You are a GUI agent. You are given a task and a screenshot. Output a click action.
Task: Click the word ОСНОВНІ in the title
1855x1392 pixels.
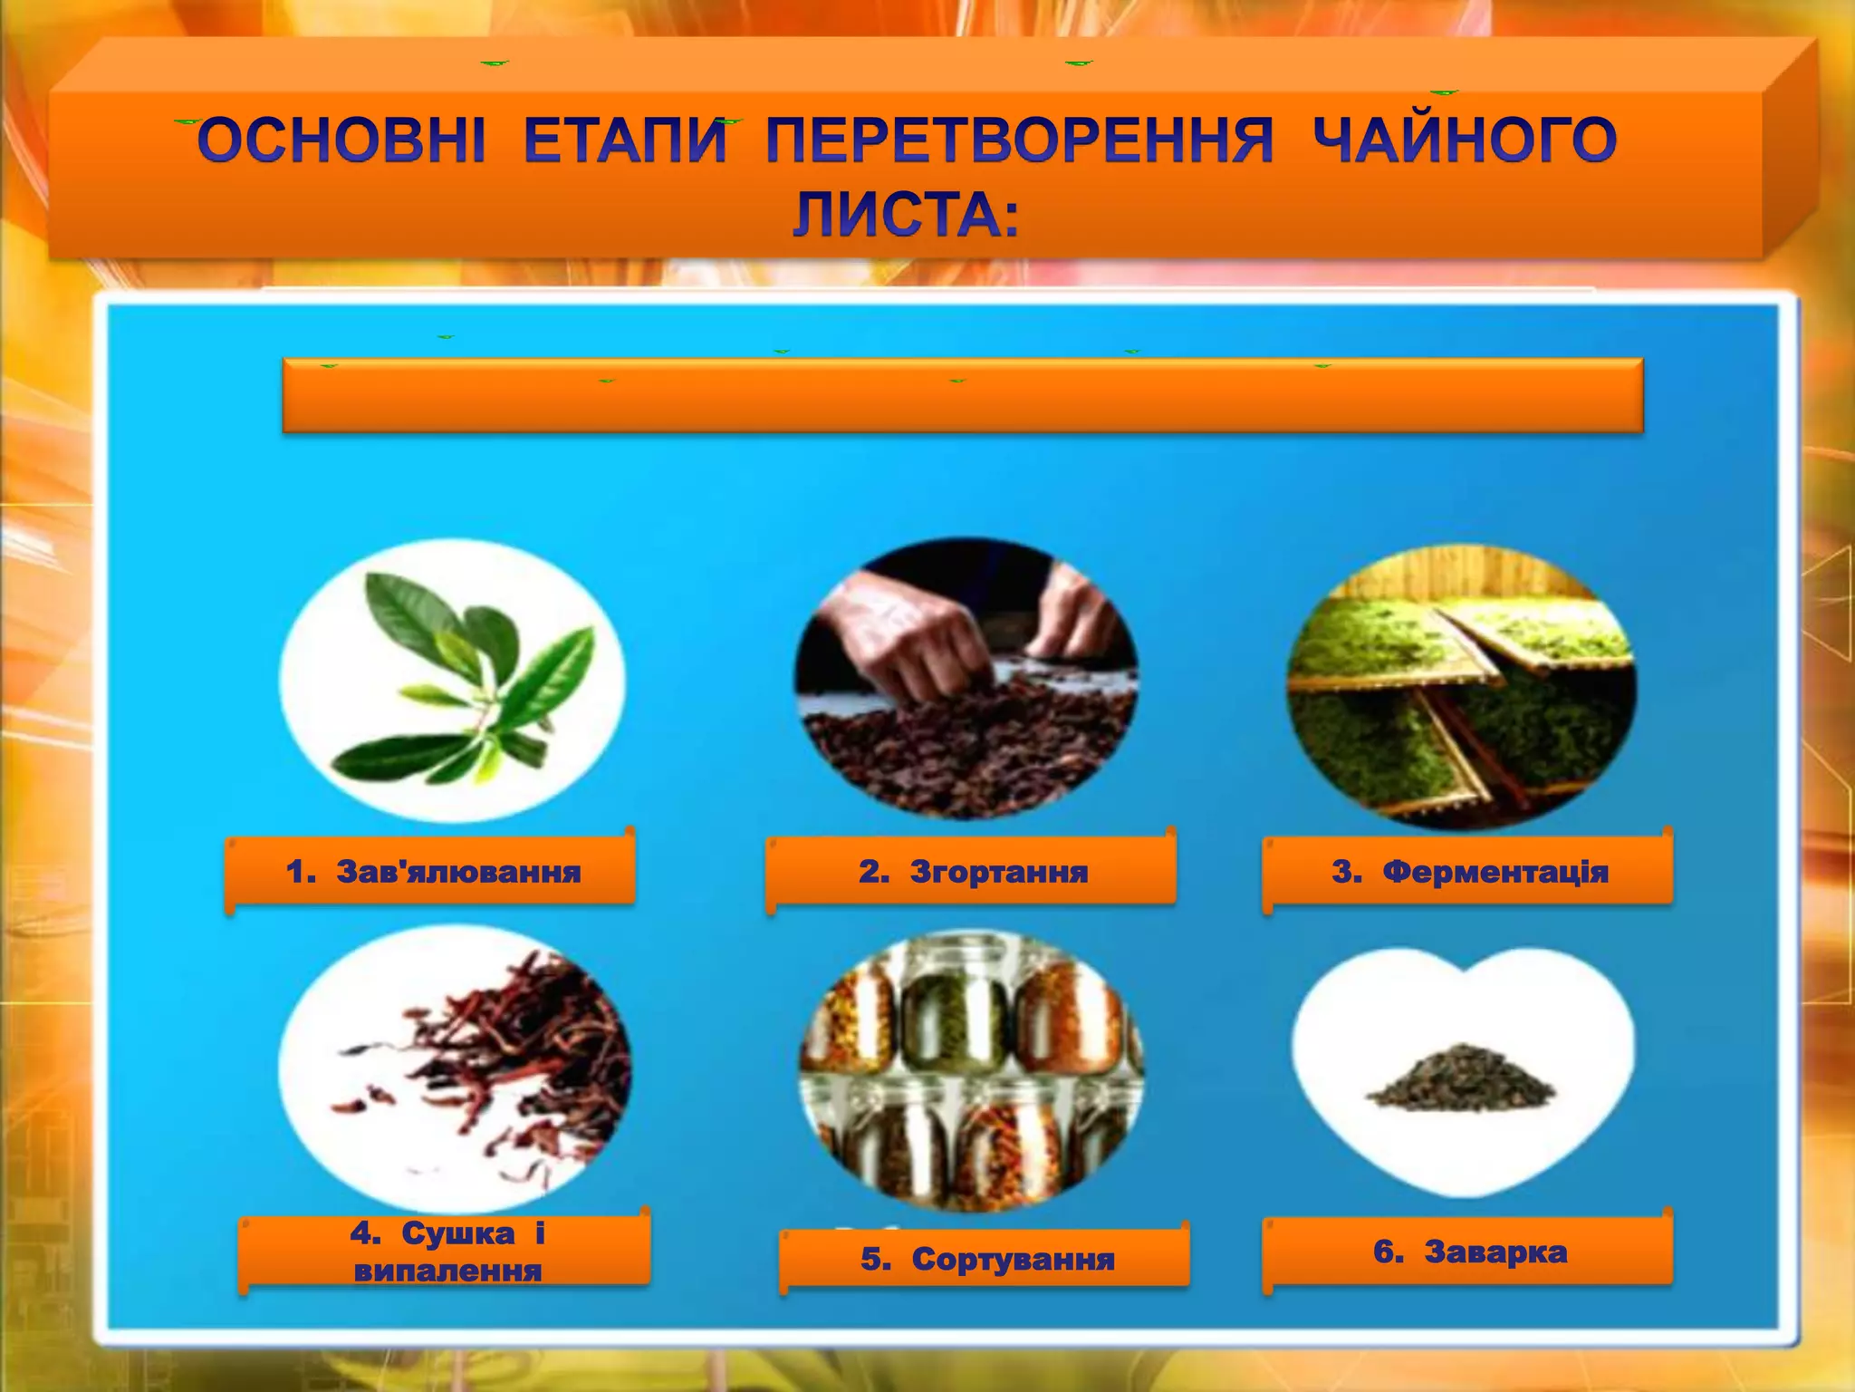341,142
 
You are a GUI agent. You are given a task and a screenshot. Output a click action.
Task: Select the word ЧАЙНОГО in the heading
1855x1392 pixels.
1465,142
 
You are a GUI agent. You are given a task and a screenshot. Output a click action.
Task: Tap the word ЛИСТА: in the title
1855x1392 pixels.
906,216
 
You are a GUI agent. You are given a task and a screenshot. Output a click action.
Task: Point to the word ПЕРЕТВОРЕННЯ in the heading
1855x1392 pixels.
1020,142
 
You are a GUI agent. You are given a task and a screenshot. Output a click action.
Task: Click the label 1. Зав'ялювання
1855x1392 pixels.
432,872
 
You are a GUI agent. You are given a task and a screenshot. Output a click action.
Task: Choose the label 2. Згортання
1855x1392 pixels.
973,872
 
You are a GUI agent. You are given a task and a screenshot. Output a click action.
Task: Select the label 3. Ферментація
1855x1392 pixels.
1469,872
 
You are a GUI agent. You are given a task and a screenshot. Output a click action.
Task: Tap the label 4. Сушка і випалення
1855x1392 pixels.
447,1252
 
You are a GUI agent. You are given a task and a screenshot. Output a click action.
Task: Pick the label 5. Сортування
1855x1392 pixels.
986,1259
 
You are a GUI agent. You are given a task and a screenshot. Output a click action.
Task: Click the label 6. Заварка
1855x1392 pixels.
1469,1252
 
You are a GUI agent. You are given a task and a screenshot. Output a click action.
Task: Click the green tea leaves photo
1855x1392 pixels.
452,681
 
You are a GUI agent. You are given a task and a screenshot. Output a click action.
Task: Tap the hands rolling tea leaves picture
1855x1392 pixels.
966,680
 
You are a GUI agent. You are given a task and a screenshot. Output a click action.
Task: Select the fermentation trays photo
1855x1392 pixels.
1462,686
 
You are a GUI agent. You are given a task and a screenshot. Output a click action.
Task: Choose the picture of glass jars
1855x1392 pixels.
971,1070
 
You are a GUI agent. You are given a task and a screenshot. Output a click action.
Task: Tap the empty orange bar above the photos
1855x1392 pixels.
962,396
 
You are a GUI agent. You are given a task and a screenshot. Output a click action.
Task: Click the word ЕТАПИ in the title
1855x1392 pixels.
626,142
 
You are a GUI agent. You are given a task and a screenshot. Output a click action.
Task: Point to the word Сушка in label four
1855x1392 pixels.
457,1233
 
